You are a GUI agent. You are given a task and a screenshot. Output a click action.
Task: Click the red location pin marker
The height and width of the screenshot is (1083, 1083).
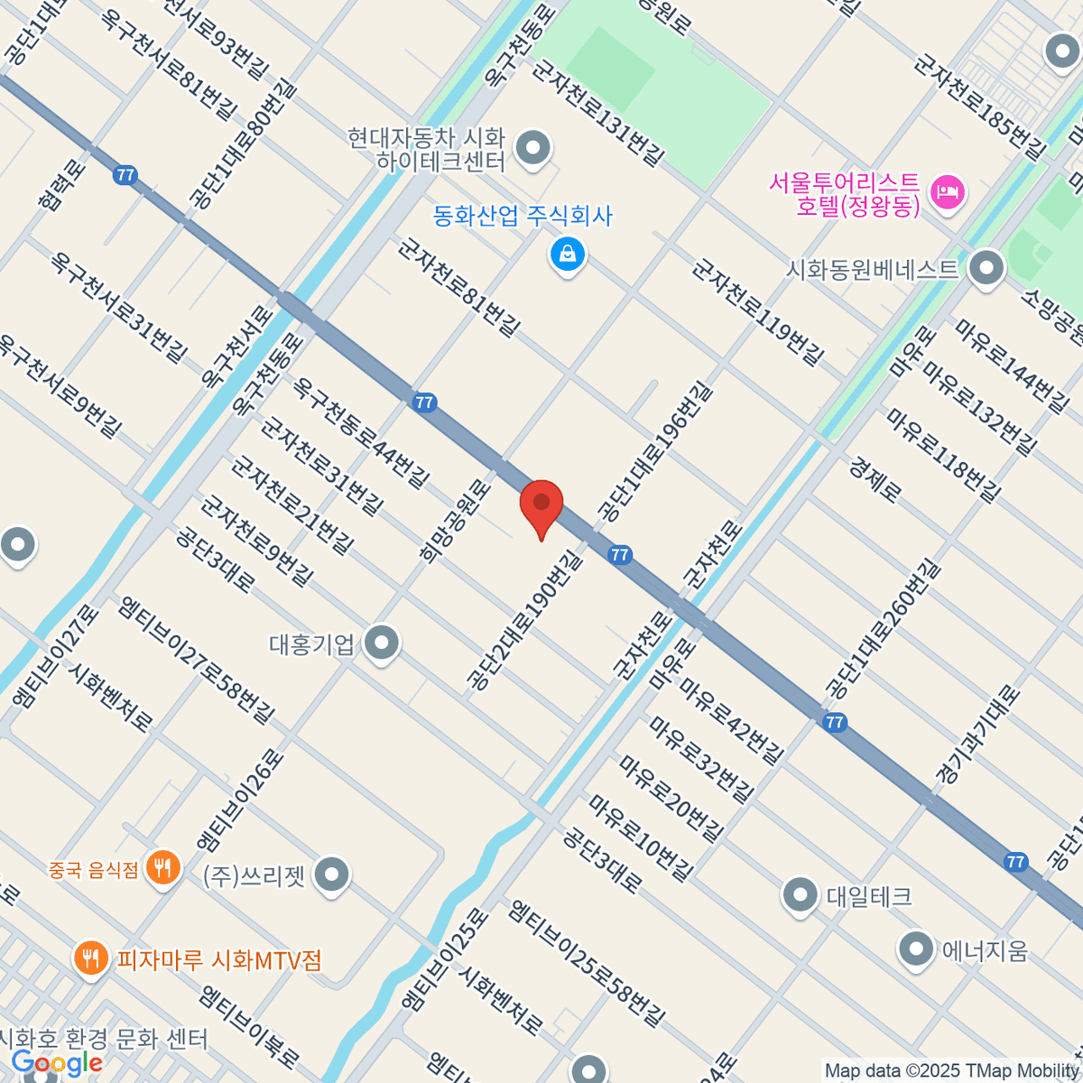(x=541, y=506)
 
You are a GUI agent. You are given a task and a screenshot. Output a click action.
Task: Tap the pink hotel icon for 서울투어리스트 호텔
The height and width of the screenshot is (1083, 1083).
(x=948, y=192)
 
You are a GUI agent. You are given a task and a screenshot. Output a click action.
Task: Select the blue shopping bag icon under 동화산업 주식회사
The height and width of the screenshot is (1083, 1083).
(x=568, y=255)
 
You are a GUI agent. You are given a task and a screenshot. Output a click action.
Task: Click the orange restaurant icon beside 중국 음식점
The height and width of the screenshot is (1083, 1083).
(x=162, y=868)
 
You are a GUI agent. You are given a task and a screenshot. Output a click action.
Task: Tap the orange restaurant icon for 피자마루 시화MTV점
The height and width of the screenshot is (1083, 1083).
(x=90, y=957)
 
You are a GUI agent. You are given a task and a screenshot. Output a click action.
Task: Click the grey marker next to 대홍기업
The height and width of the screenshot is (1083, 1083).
(x=382, y=643)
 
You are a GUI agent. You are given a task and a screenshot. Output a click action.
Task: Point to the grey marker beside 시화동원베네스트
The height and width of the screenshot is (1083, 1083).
(x=986, y=268)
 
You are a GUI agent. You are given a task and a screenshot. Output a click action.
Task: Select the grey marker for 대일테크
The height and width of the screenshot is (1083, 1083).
(x=800, y=895)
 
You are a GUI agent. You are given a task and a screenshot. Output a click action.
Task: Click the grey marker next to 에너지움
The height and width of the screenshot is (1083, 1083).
(x=916, y=949)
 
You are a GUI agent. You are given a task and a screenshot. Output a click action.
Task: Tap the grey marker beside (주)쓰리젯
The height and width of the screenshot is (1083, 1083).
(x=333, y=875)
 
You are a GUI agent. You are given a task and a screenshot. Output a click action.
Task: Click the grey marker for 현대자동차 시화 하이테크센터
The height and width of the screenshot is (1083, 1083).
(x=532, y=147)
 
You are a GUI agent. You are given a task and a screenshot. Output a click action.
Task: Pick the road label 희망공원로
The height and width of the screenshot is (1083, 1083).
(x=456, y=521)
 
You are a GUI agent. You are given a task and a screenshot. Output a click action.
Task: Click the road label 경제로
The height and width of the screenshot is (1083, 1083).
(x=875, y=479)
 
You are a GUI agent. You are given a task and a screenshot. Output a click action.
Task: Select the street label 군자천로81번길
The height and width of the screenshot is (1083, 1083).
(x=459, y=287)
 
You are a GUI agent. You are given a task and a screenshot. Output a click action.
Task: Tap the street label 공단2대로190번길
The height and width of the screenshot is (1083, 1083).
(x=523, y=623)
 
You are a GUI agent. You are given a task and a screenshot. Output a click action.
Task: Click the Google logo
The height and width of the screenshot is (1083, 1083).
(x=56, y=1063)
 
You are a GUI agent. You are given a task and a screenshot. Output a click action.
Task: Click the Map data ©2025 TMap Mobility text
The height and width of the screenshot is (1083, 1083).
(x=951, y=1071)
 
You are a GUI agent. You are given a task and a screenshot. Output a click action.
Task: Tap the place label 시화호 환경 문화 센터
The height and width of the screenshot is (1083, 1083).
(x=104, y=1039)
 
